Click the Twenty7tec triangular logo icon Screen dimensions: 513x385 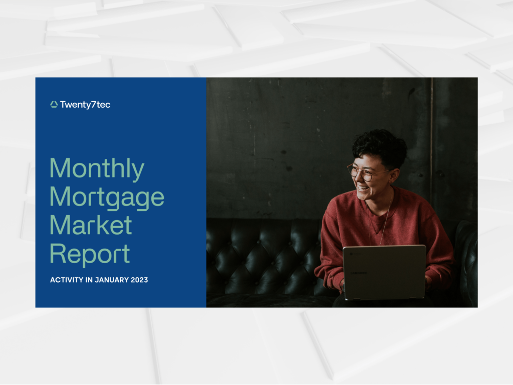click(x=54, y=104)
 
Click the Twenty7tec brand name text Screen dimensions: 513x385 click(x=85, y=105)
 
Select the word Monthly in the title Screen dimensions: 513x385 click(x=97, y=169)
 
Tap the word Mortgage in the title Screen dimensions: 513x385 click(x=107, y=197)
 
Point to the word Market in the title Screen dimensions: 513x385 click(x=91, y=225)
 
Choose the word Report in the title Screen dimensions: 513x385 click(x=90, y=254)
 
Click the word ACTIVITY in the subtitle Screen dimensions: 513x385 click(x=67, y=280)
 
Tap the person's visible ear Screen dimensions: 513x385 click(x=394, y=175)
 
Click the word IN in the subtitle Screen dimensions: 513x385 click(x=89, y=280)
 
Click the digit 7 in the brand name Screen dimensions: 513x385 click(x=93, y=104)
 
